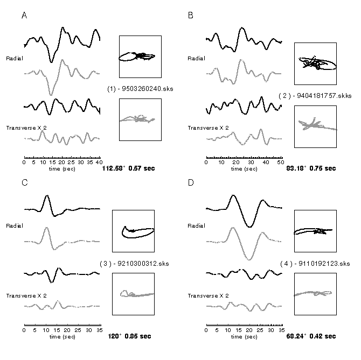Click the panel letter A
coord(24,16)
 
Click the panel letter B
coord(190,16)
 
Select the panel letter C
coord(24,182)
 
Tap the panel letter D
coord(190,182)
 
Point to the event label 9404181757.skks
coord(309,96)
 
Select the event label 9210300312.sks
coord(133,264)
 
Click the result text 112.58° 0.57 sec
coord(128,168)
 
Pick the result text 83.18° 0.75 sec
coord(311,168)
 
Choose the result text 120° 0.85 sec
coord(126,336)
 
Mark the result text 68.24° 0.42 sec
coord(311,336)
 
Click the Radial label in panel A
coord(15,58)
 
